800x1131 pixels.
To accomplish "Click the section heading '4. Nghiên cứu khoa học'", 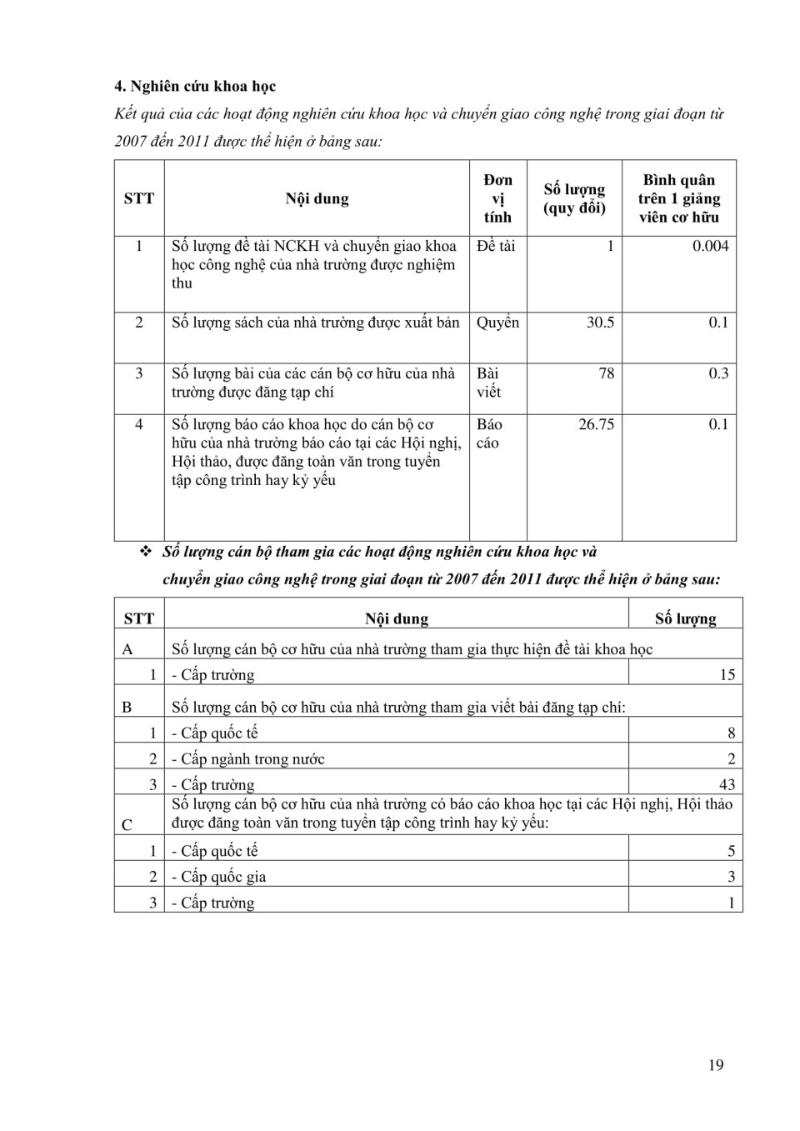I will point(195,87).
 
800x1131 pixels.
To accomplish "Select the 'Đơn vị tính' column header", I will point(497,198).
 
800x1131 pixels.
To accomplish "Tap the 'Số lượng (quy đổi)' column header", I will point(574,198).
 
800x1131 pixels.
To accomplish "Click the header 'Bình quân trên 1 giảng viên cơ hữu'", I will point(678,198).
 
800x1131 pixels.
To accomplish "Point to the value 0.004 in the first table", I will point(710,246).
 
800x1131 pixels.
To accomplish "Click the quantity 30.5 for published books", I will point(600,323).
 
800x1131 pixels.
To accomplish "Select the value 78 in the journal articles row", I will point(606,373).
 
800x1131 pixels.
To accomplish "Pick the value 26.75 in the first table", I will point(596,424).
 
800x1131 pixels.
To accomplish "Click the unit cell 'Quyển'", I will point(497,323).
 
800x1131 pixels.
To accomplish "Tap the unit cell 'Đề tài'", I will point(496,246).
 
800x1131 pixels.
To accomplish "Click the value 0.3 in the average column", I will point(718,373).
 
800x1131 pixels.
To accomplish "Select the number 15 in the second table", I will point(727,675).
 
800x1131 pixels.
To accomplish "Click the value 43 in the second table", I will point(727,784).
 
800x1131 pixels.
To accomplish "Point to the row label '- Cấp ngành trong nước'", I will point(248,759).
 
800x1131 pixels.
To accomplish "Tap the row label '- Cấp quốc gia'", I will point(219,877).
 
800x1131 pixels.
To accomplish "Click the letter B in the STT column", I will point(127,708).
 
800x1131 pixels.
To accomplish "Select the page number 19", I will point(716,1065).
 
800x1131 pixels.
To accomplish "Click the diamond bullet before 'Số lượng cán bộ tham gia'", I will point(146,552).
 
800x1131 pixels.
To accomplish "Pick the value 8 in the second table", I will point(731,733).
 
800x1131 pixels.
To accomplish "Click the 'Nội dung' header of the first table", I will point(317,198).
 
